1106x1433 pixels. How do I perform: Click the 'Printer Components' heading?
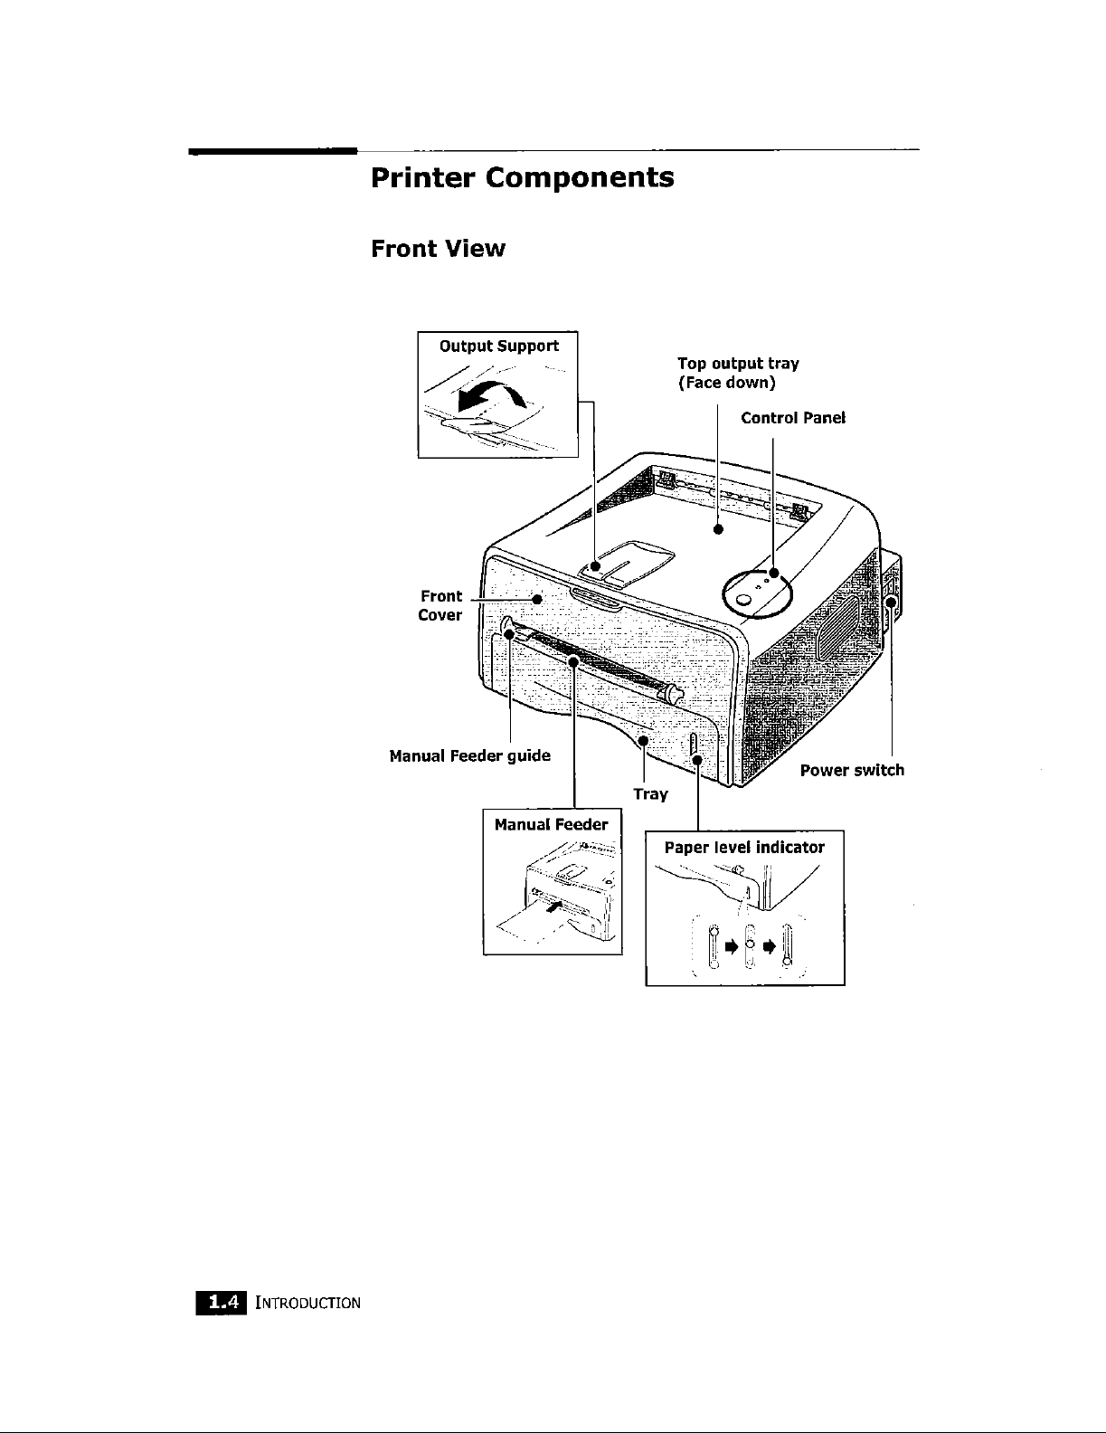pyautogui.click(x=522, y=177)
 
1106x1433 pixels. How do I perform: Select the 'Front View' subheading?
pyautogui.click(x=438, y=249)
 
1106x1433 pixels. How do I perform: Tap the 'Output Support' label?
pyautogui.click(x=498, y=346)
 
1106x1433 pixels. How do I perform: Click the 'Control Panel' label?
pyautogui.click(x=793, y=418)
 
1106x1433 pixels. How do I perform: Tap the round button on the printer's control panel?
pyautogui.click(x=744, y=601)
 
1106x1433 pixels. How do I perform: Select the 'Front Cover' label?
pyautogui.click(x=440, y=605)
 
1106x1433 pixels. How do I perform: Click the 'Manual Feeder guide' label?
pyautogui.click(x=469, y=755)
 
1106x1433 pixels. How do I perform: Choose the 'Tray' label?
pyautogui.click(x=650, y=794)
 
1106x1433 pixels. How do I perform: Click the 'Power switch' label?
pyautogui.click(x=852, y=771)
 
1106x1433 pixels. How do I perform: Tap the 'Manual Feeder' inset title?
pyautogui.click(x=552, y=824)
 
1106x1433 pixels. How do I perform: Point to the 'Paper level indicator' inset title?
pyautogui.click(x=744, y=848)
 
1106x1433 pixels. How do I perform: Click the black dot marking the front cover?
pyautogui.click(x=536, y=598)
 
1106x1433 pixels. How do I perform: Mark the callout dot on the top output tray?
pyautogui.click(x=717, y=530)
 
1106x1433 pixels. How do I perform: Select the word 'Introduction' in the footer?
pyautogui.click(x=308, y=1304)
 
